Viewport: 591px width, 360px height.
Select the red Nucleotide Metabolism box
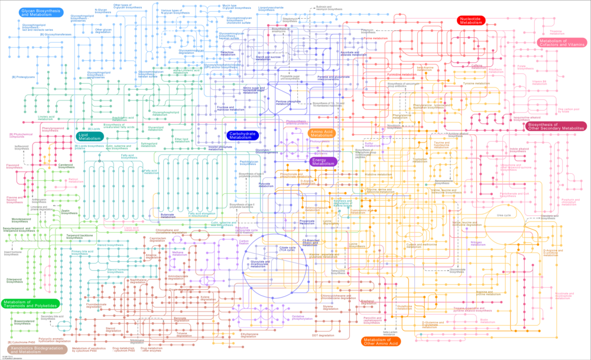470,20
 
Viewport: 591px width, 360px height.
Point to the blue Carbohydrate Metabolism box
242,135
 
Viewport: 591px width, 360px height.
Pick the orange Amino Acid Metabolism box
322,134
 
